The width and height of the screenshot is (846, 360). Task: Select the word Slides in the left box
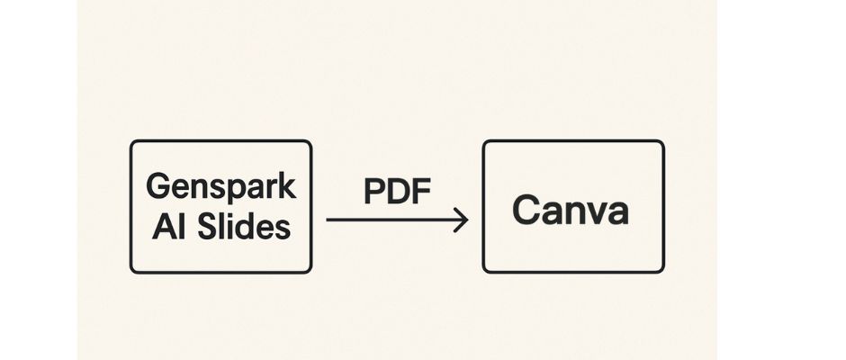pos(244,227)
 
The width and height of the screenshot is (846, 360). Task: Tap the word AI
pos(169,227)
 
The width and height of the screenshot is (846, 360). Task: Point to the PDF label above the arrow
pos(398,191)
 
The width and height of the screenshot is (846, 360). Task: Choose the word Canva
pos(571,210)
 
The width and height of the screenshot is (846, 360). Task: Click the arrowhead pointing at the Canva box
pos(462,220)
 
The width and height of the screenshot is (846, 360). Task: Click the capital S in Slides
pos(208,227)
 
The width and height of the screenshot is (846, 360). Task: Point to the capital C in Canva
pos(525,210)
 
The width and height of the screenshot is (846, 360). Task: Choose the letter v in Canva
pos(593,214)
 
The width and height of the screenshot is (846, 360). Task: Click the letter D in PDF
pos(399,191)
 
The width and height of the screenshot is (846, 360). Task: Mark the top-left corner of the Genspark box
pos(131,142)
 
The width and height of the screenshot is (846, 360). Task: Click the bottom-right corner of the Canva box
pos(662,271)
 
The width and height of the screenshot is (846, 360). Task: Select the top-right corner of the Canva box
pos(662,142)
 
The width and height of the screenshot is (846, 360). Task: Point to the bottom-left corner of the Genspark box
pos(131,271)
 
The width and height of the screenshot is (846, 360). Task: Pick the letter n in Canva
pos(571,213)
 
